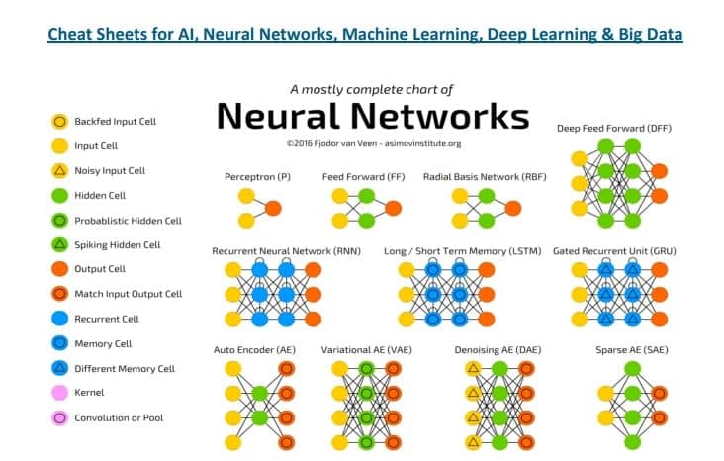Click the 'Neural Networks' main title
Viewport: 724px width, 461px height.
372,116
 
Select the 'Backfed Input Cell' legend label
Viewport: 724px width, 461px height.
116,122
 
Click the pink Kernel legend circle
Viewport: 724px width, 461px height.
58,393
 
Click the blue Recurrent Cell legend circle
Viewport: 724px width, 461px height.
58,319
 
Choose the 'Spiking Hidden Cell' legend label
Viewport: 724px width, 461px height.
118,244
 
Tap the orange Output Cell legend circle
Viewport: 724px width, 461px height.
58,269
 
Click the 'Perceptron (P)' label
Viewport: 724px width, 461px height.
258,176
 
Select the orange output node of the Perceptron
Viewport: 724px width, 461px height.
273,208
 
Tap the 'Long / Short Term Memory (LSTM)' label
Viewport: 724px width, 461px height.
462,251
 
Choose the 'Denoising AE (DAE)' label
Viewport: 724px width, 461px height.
497,349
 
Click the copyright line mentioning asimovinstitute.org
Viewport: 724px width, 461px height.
373,142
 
